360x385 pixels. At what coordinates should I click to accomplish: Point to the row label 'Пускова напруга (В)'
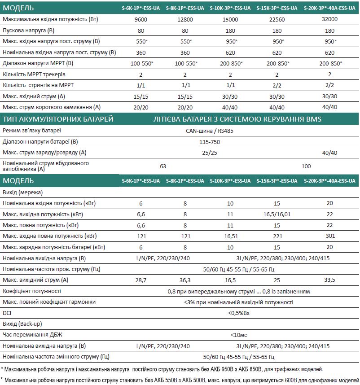[x=29, y=31]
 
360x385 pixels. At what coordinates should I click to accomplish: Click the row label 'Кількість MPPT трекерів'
[x=34, y=74]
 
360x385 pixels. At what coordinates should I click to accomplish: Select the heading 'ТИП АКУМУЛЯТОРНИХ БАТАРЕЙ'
[x=58, y=119]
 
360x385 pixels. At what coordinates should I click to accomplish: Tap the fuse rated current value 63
[x=163, y=166]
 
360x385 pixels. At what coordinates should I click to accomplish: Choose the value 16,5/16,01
[x=277, y=214]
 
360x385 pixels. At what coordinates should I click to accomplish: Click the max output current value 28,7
[x=141, y=280]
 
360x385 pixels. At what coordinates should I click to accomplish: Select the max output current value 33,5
[x=329, y=280]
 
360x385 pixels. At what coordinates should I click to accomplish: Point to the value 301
[x=329, y=236]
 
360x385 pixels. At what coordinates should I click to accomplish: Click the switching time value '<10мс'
[x=238, y=335]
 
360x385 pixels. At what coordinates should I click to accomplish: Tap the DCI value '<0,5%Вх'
[x=238, y=313]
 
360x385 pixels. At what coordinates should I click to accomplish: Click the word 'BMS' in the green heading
[x=313, y=119]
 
